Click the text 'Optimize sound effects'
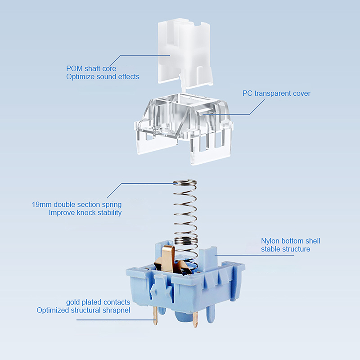[103, 77]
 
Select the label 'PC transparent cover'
[276, 94]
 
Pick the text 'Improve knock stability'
[85, 212]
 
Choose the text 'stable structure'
[285, 249]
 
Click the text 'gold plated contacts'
[98, 302]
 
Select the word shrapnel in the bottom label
[115, 310]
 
